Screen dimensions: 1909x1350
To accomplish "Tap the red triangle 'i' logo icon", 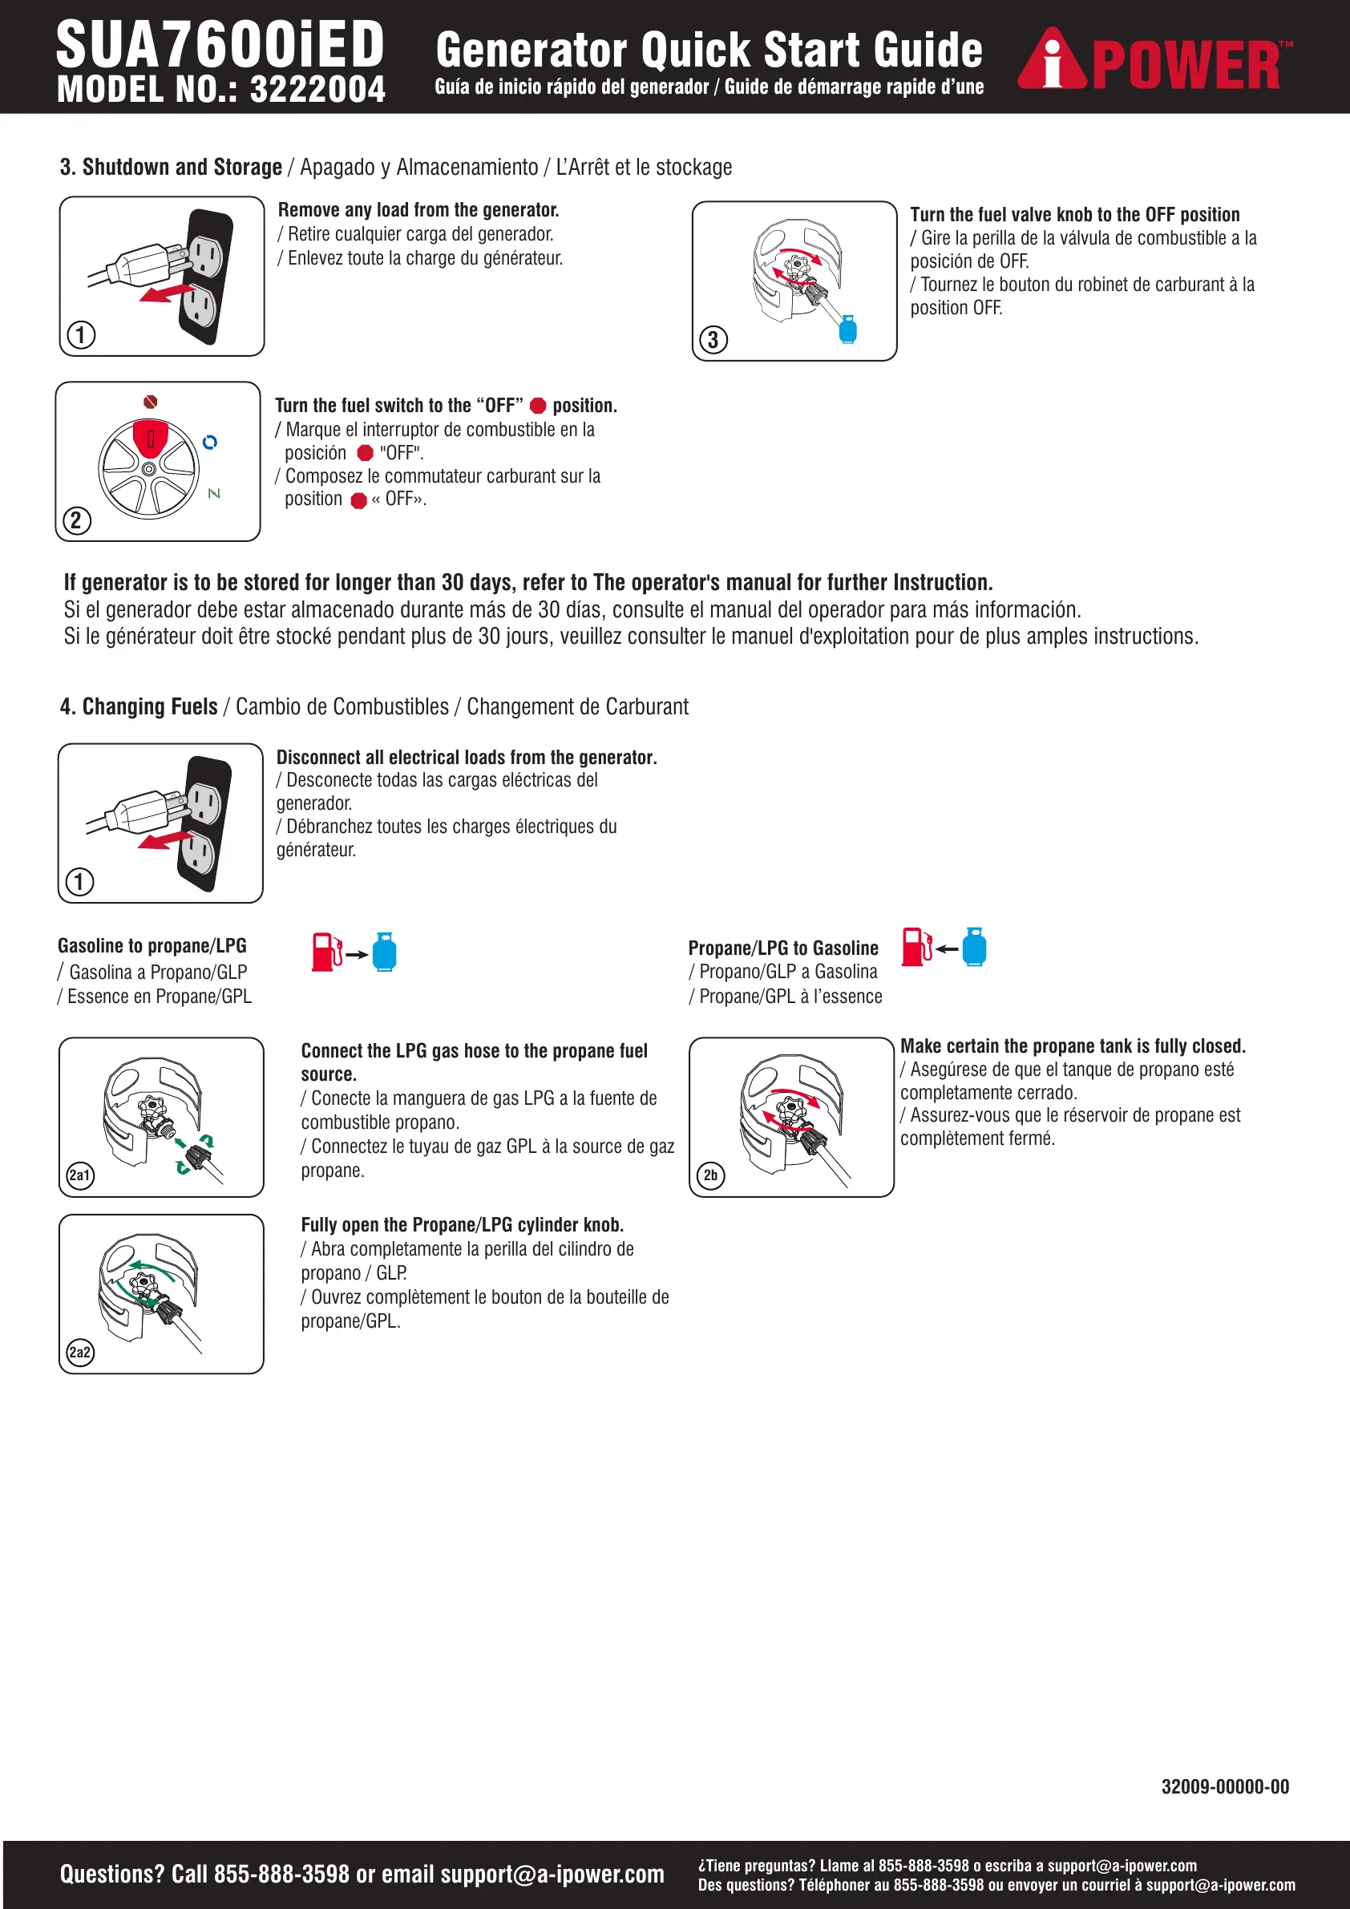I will click(x=1053, y=60).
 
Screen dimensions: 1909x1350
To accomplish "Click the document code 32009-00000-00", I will click(x=1224, y=1787).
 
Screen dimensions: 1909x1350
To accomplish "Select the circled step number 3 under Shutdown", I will click(x=713, y=340).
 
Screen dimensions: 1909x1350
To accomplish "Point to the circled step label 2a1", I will click(x=80, y=1175).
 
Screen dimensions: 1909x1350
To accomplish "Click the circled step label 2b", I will click(x=711, y=1175).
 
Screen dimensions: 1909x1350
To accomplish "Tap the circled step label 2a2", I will click(x=80, y=1352).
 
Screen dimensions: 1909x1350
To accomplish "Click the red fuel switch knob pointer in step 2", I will click(x=151, y=439).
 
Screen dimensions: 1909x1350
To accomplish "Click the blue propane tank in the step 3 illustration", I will click(x=848, y=330).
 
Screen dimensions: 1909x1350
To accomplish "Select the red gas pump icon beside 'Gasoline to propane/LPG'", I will click(x=325, y=951).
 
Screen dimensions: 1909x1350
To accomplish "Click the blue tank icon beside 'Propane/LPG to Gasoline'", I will click(x=974, y=947).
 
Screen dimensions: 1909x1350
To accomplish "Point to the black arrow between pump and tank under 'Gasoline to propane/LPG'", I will click(x=358, y=954).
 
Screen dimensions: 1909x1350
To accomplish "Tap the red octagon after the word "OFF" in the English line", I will click(x=538, y=406).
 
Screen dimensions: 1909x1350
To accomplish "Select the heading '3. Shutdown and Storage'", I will click(x=172, y=167).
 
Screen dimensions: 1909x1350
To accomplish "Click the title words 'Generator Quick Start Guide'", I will click(x=708, y=50).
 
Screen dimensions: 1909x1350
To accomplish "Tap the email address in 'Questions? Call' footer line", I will click(x=552, y=1874).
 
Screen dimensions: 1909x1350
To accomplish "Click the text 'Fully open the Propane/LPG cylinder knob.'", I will click(x=463, y=1225).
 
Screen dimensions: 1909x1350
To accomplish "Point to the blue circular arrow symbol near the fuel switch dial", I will click(x=210, y=443).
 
